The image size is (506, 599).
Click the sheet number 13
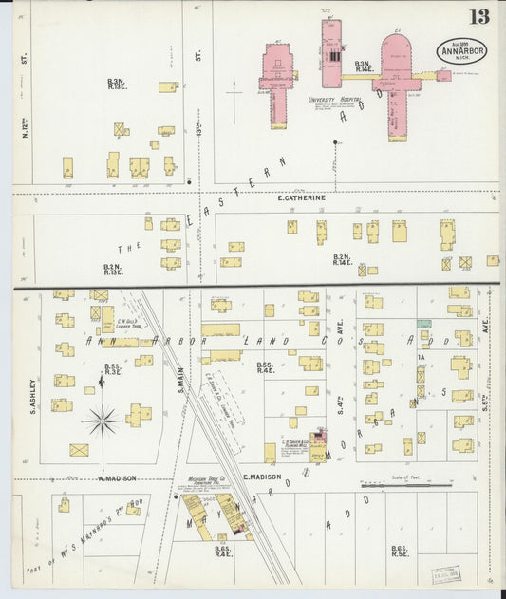478,16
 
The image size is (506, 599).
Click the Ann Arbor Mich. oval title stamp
461,50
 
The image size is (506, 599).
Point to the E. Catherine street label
301,197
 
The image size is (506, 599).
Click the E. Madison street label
258,477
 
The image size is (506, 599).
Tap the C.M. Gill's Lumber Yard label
129,324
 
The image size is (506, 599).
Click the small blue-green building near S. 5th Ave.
423,325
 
